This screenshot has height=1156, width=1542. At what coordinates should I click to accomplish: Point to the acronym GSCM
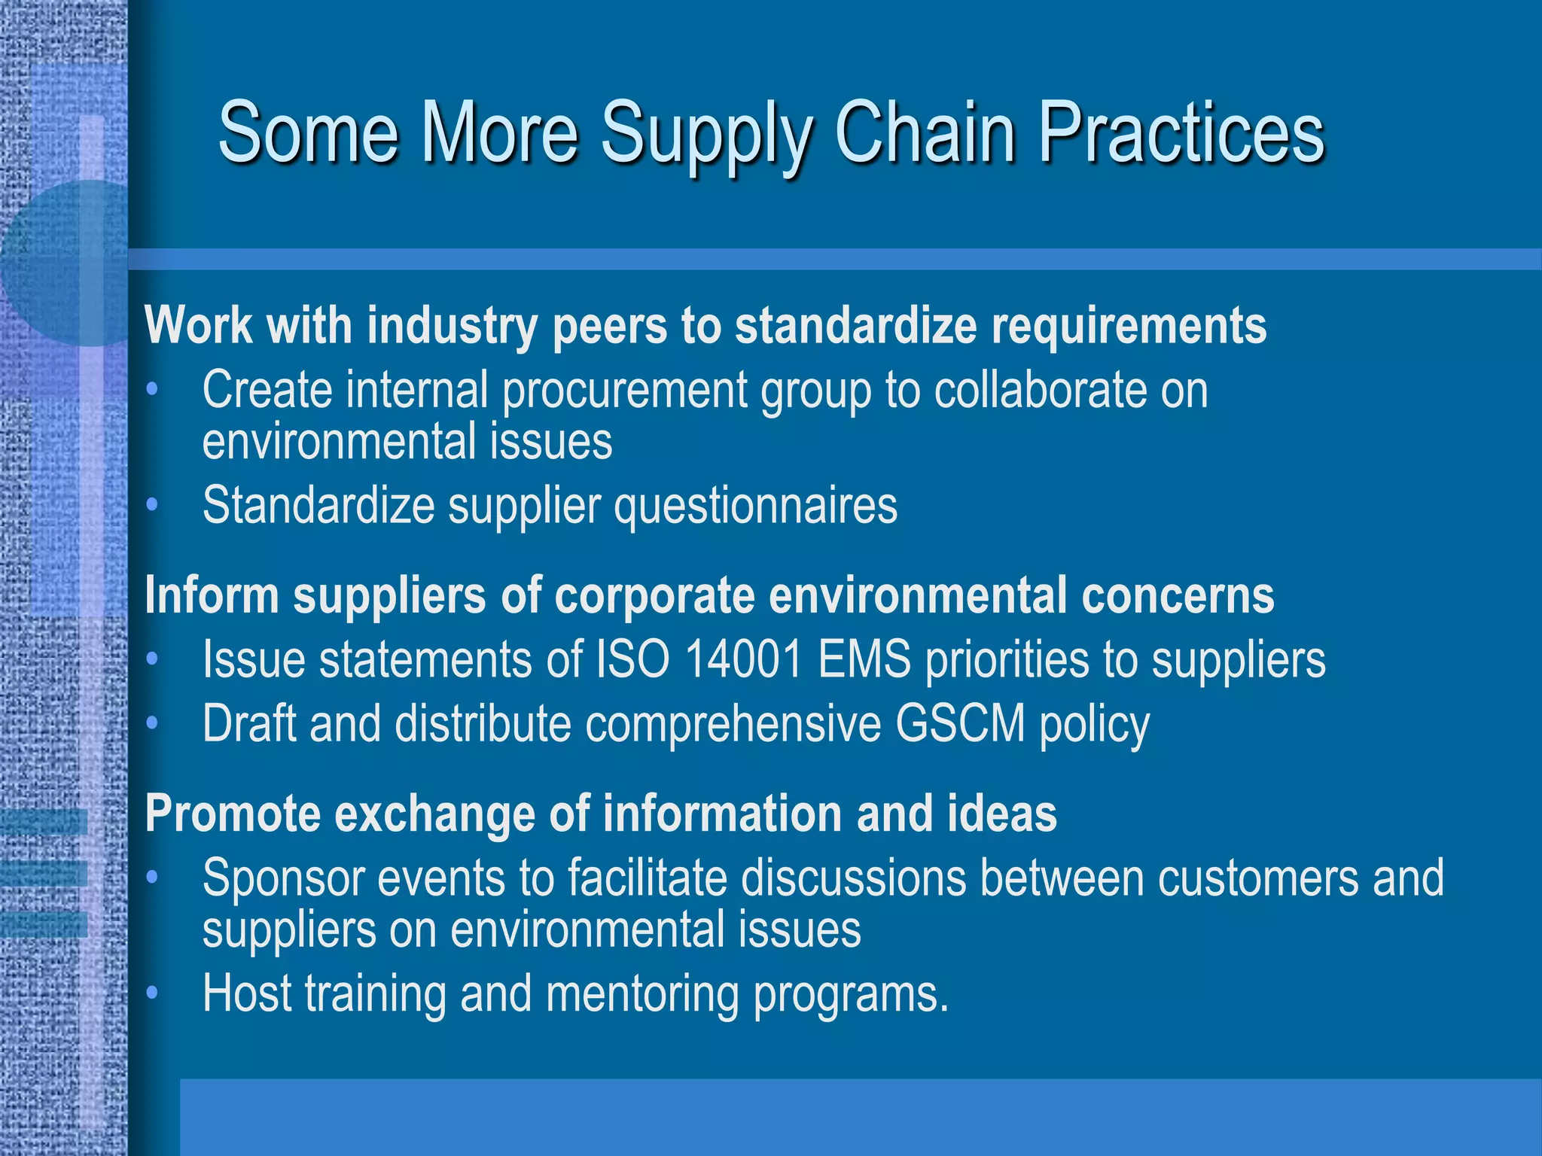[x=960, y=723]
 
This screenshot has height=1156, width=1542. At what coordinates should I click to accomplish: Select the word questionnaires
[x=755, y=507]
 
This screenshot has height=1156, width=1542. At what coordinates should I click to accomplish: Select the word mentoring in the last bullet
[x=642, y=994]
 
